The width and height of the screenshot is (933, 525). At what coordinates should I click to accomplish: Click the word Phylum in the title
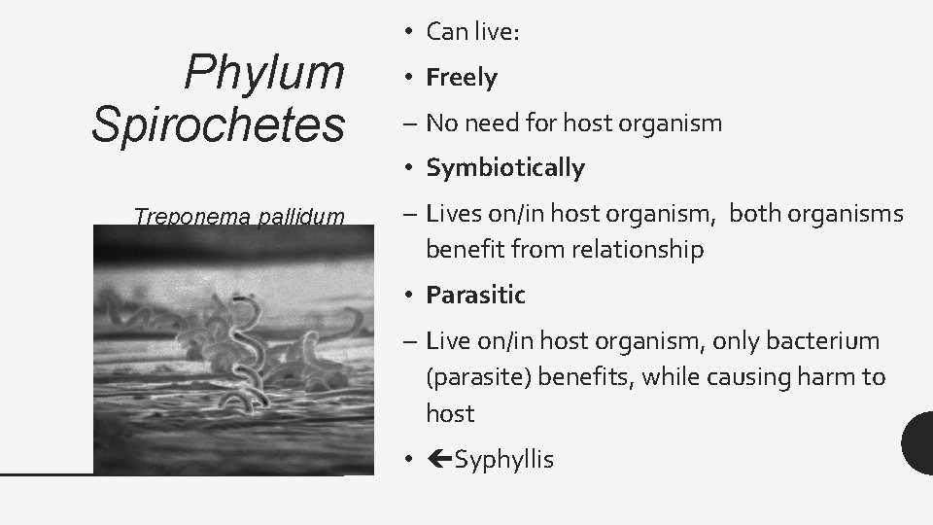263,72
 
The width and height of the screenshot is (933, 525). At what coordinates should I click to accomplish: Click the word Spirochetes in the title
218,124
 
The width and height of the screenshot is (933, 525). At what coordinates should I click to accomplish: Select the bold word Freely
462,77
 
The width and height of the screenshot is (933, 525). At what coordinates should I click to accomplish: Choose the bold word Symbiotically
505,168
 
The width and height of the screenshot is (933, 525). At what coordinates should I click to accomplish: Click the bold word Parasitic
475,295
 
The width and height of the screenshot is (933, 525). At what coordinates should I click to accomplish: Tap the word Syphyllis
503,459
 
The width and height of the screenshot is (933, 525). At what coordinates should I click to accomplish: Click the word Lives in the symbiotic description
452,214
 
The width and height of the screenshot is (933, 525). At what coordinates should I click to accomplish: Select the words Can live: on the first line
473,32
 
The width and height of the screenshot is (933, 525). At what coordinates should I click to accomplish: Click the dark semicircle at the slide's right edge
919,443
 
